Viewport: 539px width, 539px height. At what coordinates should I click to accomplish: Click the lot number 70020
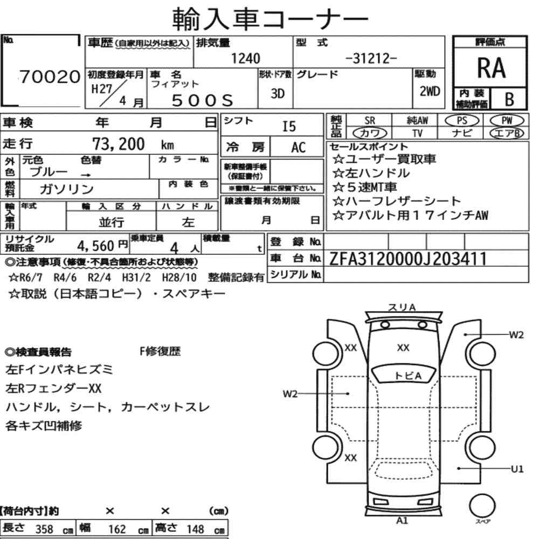click(x=50, y=77)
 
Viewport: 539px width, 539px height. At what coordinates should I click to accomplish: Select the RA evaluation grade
click(x=491, y=68)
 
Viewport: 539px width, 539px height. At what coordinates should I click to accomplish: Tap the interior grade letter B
click(x=509, y=99)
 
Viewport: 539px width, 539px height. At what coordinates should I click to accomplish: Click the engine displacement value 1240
click(x=245, y=58)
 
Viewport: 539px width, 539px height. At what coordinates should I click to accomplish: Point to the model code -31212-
click(x=371, y=58)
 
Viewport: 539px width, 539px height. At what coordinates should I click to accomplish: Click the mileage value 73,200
click(x=119, y=144)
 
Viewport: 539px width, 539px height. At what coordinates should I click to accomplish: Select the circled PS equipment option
click(x=462, y=121)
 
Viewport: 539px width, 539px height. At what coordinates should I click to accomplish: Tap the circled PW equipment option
click(x=507, y=121)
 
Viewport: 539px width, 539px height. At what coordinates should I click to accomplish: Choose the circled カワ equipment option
click(x=370, y=133)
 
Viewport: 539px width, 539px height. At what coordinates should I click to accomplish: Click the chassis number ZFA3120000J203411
click(x=408, y=259)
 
